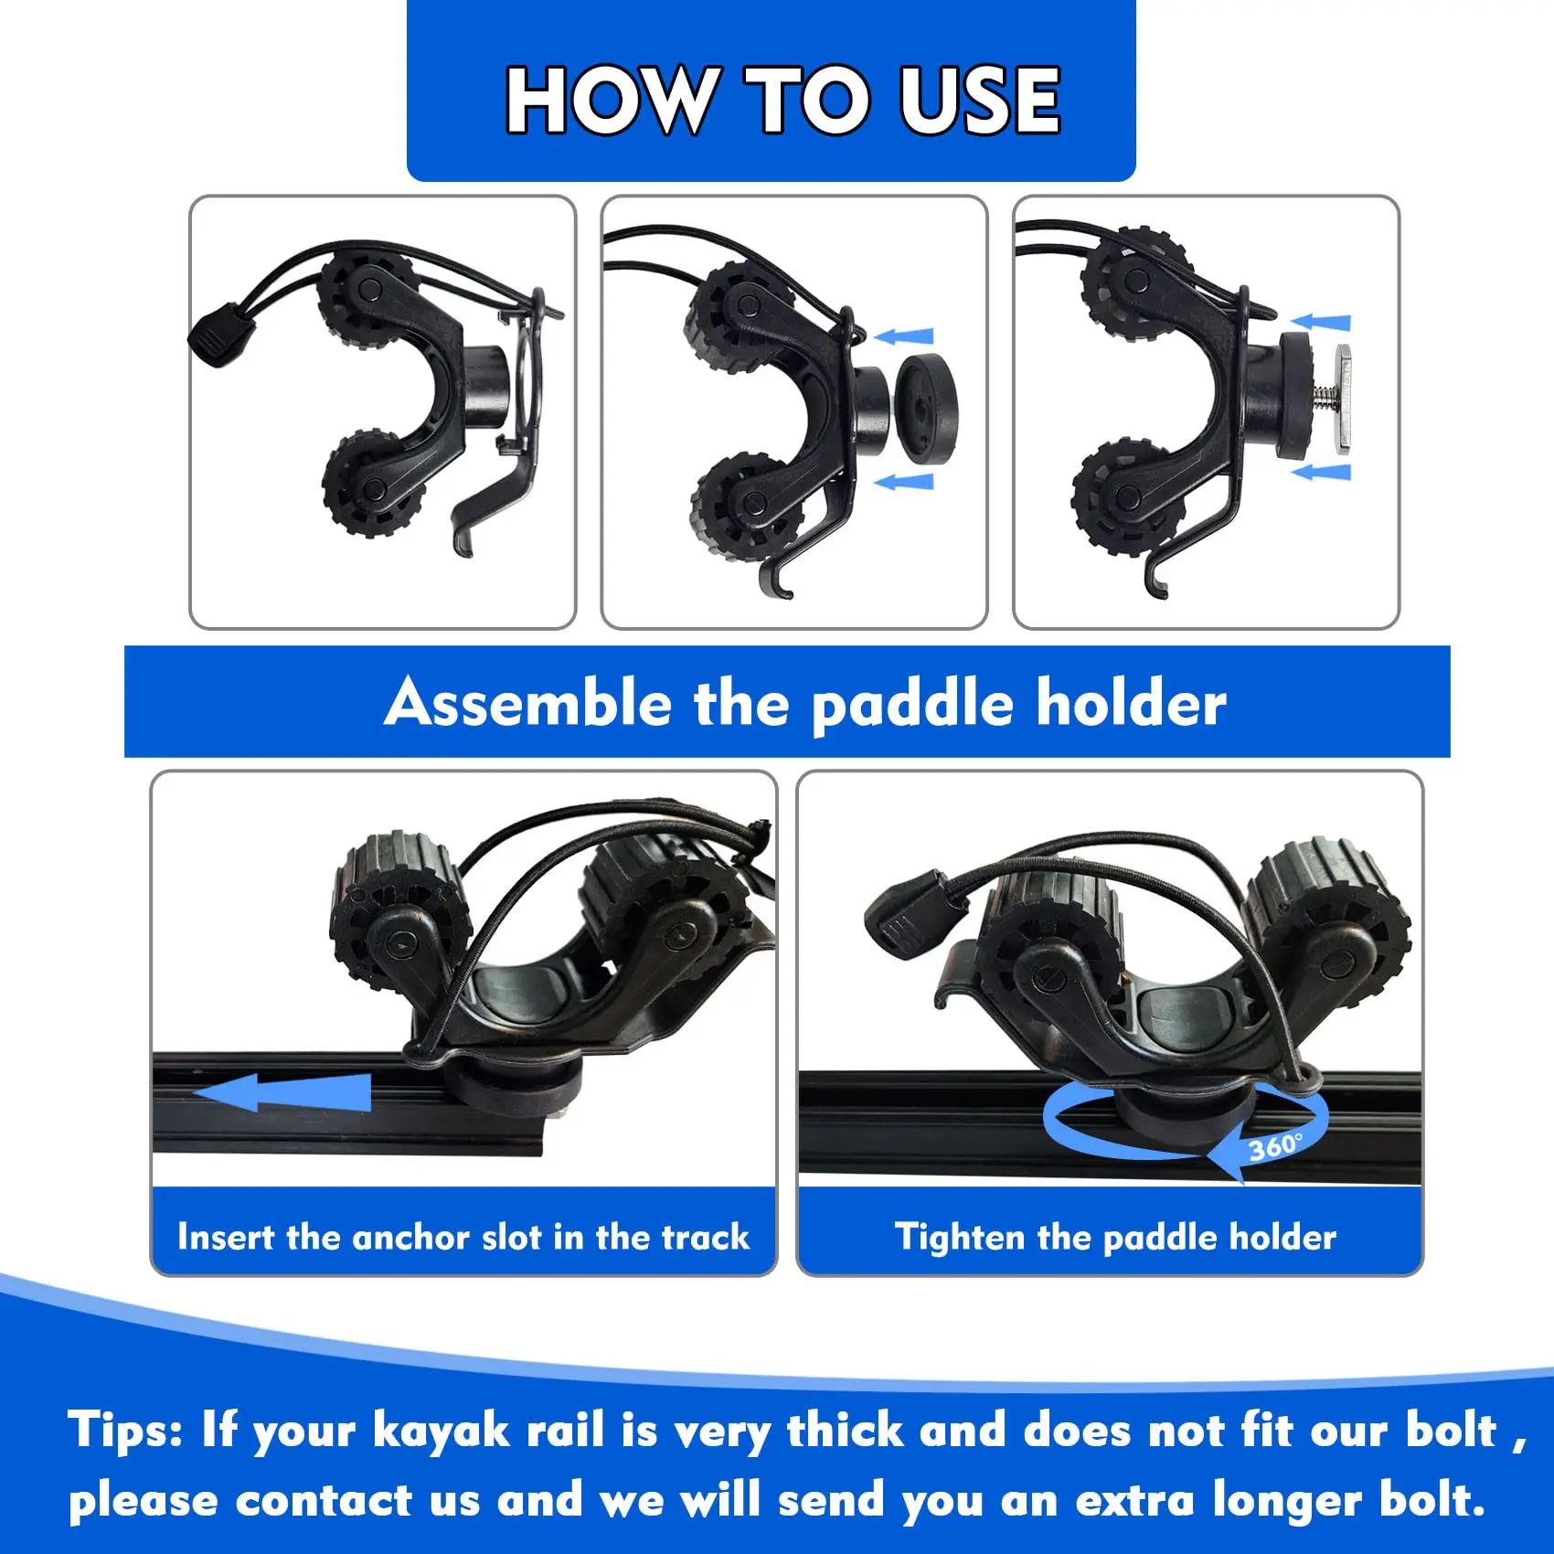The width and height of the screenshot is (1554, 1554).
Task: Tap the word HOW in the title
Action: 610,101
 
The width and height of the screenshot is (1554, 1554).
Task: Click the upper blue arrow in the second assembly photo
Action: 905,336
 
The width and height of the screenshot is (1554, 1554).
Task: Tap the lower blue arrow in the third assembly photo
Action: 1320,472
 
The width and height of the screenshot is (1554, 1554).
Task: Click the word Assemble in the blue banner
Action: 527,704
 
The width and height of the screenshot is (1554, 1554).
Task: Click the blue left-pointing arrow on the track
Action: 283,1092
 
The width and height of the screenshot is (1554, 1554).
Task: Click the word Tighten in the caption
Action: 960,1237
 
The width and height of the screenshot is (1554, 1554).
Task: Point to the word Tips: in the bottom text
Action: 125,1429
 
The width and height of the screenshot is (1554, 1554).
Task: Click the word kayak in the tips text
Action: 441,1429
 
